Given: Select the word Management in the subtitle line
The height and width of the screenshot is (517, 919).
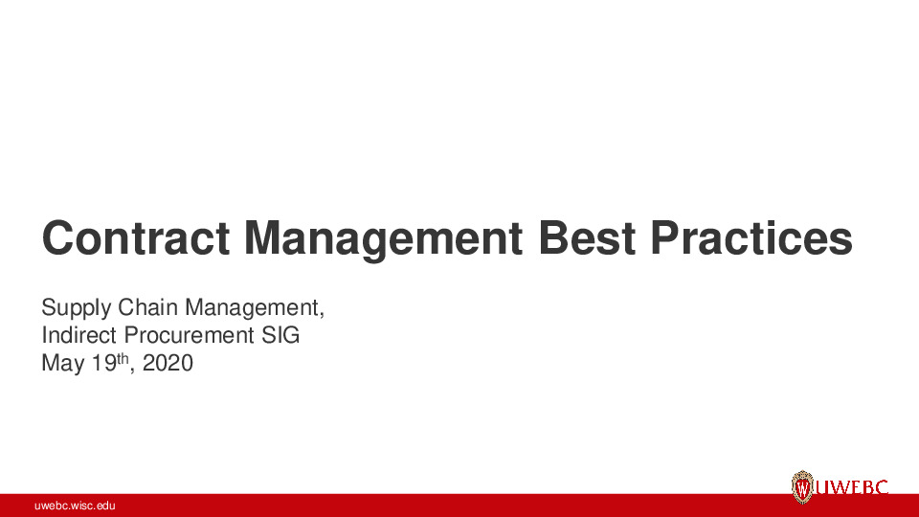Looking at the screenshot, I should click(x=251, y=308).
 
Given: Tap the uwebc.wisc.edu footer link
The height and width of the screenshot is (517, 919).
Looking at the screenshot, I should click(x=76, y=506).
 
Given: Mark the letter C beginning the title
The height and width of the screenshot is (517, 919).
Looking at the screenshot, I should click(x=59, y=237).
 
